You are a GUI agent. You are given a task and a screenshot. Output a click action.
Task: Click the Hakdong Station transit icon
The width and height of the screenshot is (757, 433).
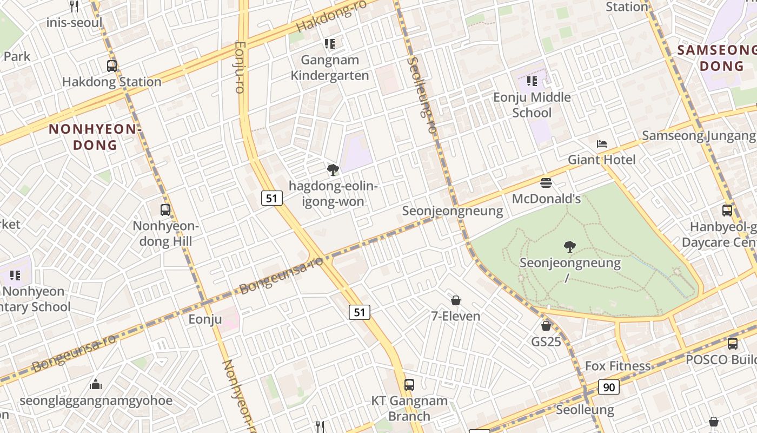[x=112, y=66]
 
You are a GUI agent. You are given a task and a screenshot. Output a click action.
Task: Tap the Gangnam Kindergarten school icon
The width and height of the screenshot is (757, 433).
[x=330, y=43]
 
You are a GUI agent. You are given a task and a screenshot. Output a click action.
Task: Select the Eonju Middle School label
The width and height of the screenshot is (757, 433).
[x=532, y=105]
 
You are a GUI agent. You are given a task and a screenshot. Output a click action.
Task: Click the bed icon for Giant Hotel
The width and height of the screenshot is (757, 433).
[x=602, y=144]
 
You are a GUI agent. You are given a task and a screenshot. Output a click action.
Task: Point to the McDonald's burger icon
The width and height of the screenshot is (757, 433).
[x=546, y=183]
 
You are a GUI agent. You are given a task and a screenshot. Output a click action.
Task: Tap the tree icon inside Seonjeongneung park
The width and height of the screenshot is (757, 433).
[x=569, y=247]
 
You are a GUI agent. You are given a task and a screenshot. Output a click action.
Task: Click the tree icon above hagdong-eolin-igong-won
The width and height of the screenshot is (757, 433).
[x=333, y=170]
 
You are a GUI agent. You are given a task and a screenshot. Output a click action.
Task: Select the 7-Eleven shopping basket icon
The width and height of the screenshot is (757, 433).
[x=456, y=300]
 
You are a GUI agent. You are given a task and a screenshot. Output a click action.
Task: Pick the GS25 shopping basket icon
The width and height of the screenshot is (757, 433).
[x=546, y=326]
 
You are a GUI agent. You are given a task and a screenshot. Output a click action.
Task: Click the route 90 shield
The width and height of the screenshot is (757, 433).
[x=609, y=387]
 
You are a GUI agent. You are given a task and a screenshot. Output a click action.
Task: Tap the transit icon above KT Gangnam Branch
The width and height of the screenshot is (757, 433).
[x=409, y=385]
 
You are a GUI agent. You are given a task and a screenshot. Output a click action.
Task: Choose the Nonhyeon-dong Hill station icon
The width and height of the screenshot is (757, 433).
[x=165, y=210]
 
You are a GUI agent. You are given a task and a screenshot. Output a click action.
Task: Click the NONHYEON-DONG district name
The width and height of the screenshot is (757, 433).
[x=95, y=137]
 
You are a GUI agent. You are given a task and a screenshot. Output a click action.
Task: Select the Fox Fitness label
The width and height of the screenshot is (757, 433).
[x=617, y=366]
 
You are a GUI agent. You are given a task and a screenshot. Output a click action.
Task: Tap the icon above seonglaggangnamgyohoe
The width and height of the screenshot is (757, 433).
[x=96, y=384]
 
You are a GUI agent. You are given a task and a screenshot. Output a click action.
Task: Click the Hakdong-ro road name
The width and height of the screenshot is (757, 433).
[x=331, y=16]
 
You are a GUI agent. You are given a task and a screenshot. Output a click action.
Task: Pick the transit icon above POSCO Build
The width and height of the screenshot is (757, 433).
[x=732, y=343]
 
